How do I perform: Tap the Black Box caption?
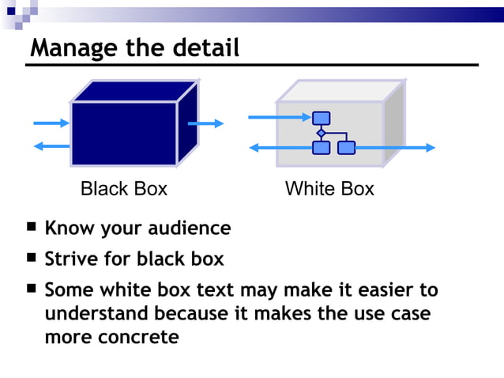tap(124, 189)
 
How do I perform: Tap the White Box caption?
tap(329, 189)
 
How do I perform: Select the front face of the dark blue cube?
tap(123, 134)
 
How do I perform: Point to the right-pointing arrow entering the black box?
tap(51, 123)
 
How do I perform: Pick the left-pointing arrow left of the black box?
tap(51, 146)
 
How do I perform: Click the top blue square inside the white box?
tap(321, 119)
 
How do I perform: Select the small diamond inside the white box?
tap(321, 133)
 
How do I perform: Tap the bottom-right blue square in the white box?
tap(346, 148)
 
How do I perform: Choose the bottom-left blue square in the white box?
tap(321, 148)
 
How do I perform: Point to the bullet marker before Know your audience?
tap(31, 228)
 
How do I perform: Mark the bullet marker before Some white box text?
tap(31, 289)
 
